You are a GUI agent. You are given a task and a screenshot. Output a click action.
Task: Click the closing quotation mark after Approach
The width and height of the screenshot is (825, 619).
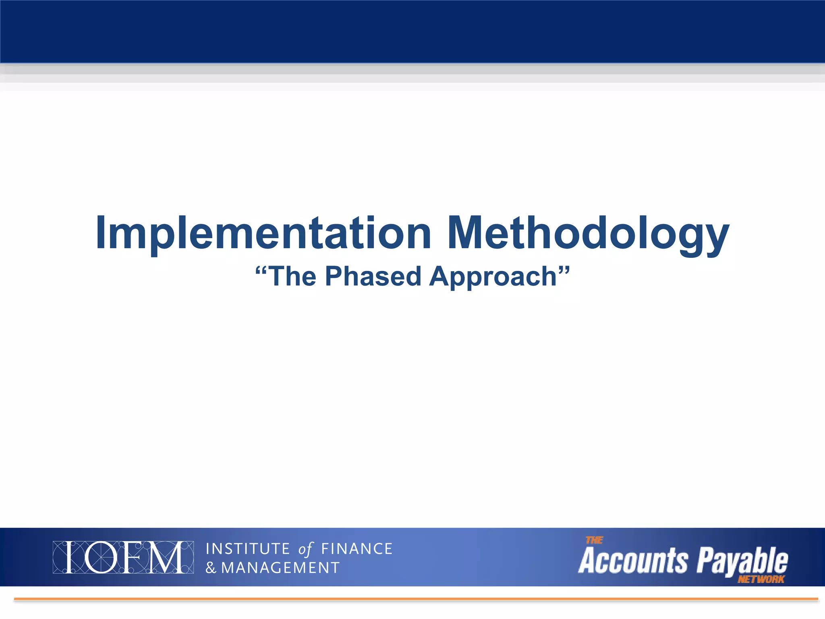pos(564,270)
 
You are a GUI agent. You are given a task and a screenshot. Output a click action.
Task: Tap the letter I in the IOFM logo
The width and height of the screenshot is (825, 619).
pos(73,557)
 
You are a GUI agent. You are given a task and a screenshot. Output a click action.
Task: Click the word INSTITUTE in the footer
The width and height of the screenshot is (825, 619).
pos(248,549)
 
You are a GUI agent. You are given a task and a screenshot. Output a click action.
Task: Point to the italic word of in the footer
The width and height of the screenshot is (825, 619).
pos(305,549)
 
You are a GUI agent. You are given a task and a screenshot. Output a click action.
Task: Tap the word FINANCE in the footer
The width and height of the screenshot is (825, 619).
pos(357,549)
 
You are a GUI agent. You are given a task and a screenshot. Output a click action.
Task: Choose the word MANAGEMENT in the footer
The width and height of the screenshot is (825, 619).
pos(280,568)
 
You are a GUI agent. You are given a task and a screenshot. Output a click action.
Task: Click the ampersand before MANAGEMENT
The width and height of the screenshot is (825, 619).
pos(211,568)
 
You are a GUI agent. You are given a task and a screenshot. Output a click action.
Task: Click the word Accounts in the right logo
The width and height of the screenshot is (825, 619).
pos(633,561)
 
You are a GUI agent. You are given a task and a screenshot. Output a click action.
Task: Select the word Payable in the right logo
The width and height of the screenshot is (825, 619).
pos(742,561)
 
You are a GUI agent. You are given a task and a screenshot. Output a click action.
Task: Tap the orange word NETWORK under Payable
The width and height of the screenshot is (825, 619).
pos(761,580)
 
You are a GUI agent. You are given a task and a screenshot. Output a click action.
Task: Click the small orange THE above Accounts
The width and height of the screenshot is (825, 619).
pos(594,540)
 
